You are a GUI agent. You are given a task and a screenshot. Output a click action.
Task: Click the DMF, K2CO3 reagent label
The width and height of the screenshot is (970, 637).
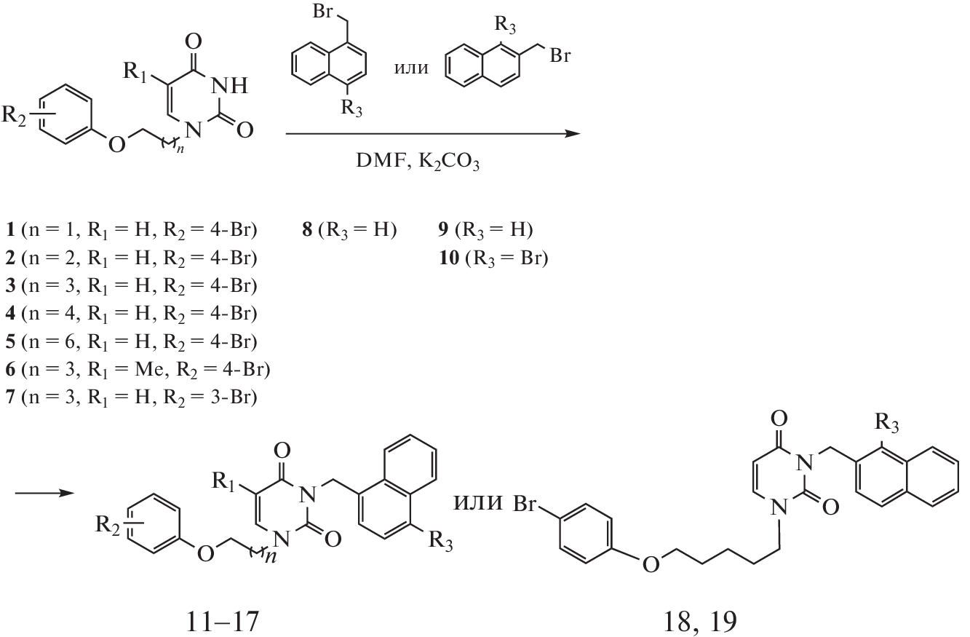(x=418, y=162)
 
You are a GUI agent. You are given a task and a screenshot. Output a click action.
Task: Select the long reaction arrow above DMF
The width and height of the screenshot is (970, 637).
(x=433, y=134)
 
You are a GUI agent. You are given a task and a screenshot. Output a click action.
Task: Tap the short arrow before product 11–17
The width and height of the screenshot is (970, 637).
(x=44, y=493)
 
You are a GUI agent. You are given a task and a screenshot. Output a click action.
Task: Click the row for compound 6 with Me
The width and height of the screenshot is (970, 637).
(x=138, y=370)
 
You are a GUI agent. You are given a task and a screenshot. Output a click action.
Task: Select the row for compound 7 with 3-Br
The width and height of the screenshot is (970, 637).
(x=131, y=397)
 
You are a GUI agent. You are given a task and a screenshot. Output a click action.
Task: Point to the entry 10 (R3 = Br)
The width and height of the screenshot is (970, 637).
(x=493, y=258)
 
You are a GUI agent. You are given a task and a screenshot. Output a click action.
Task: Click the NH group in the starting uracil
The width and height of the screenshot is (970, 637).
(x=229, y=86)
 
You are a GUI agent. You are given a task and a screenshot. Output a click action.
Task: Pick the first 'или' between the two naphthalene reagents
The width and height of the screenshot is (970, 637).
(x=411, y=68)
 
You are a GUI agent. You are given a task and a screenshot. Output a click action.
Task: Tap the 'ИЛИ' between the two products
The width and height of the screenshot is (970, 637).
(x=478, y=502)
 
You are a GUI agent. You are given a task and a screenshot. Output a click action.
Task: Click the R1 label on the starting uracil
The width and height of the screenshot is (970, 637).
(x=135, y=71)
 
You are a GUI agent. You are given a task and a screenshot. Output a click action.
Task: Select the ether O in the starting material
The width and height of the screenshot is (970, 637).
(x=117, y=144)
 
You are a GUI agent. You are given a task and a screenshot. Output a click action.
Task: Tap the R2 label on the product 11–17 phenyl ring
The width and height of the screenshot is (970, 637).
(x=108, y=526)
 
